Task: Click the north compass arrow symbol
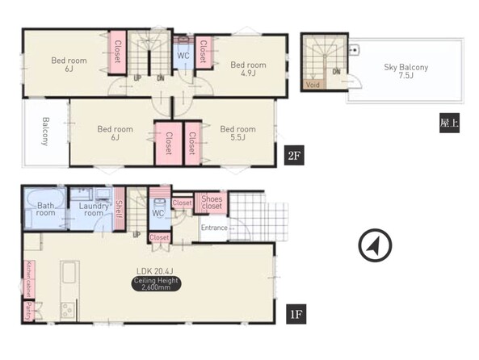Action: pyautogui.click(x=375, y=245)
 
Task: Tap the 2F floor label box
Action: pyautogui.click(x=294, y=156)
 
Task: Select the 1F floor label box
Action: pyautogui.click(x=296, y=314)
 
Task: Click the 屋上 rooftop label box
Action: pyautogui.click(x=449, y=123)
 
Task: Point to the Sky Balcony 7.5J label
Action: pyautogui.click(x=406, y=71)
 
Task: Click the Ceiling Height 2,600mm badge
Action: pyautogui.click(x=156, y=283)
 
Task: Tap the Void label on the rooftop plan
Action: pyautogui.click(x=313, y=85)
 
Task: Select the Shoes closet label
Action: pyautogui.click(x=212, y=203)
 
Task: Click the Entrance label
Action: pyautogui.click(x=214, y=228)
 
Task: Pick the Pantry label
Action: pyautogui.click(x=29, y=311)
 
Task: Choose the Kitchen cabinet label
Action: pyautogui.click(x=29, y=279)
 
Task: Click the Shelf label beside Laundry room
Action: pyautogui.click(x=119, y=210)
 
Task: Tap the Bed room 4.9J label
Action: pyautogui.click(x=248, y=69)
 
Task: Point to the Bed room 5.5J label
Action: pyautogui.click(x=237, y=133)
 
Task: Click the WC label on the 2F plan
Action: pyautogui.click(x=183, y=56)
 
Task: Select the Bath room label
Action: pyautogui.click(x=45, y=209)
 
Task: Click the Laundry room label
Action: pyautogui.click(x=94, y=210)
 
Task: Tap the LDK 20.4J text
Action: pyautogui.click(x=155, y=271)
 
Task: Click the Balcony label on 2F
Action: pyautogui.click(x=45, y=132)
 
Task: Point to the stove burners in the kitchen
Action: pyautogui.click(x=68, y=311)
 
